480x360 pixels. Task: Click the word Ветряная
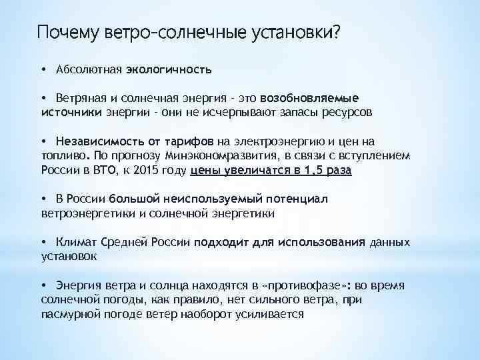[82, 98]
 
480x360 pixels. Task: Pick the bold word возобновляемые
[313, 98]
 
